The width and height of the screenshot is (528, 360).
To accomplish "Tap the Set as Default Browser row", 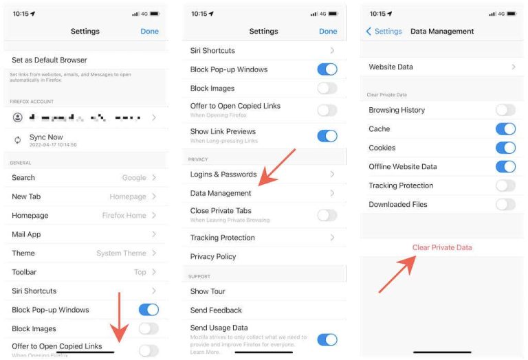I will pyautogui.click(x=49, y=60).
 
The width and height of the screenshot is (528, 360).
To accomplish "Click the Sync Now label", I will pyautogui.click(x=46, y=137).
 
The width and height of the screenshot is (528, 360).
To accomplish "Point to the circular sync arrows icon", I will pyautogui.click(x=18, y=140).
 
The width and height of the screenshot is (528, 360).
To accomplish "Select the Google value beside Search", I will pyautogui.click(x=134, y=177).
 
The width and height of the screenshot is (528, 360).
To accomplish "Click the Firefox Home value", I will pyautogui.click(x=124, y=215).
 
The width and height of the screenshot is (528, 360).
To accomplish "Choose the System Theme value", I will pyautogui.click(x=121, y=253).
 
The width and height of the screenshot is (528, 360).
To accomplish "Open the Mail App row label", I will pyautogui.click(x=26, y=234).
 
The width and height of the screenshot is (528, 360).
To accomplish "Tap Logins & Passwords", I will pyautogui.click(x=223, y=175).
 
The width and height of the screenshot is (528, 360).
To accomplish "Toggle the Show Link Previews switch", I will pyautogui.click(x=327, y=135).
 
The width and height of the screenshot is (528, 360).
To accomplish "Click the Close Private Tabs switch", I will pyautogui.click(x=327, y=215).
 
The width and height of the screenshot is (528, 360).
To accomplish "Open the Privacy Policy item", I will pyautogui.click(x=213, y=256).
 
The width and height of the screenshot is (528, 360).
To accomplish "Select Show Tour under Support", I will pyautogui.click(x=208, y=291).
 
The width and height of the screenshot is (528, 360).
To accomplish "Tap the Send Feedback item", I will pyautogui.click(x=216, y=310).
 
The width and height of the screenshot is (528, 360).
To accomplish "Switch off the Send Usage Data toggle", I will pyautogui.click(x=327, y=339).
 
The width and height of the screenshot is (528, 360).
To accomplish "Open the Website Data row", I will pyautogui.click(x=391, y=67).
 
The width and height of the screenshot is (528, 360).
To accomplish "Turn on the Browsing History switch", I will pyautogui.click(x=505, y=110).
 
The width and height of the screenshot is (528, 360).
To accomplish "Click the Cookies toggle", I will pyautogui.click(x=505, y=148).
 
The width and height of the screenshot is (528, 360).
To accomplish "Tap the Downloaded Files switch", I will pyautogui.click(x=505, y=204).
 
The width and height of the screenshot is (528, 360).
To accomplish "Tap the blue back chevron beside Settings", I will pyautogui.click(x=368, y=32).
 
